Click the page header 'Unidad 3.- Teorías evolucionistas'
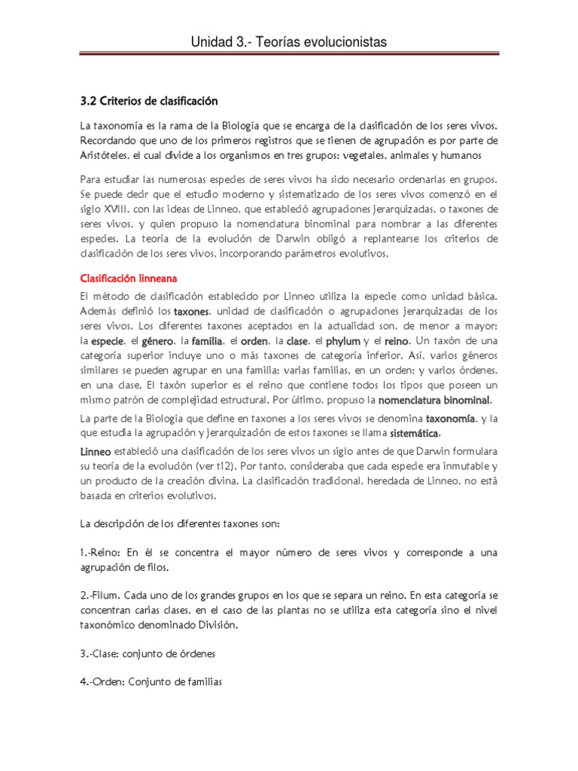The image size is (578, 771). point(289,43)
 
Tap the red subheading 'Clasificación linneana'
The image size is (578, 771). point(129,279)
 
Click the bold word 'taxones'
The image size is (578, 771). point(193,312)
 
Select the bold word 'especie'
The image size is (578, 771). point(106,341)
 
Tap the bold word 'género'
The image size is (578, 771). point(160,341)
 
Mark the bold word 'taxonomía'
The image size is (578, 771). point(451,419)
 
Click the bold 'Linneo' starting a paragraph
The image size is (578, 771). point(96,453)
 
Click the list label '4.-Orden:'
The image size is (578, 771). point(105,683)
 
